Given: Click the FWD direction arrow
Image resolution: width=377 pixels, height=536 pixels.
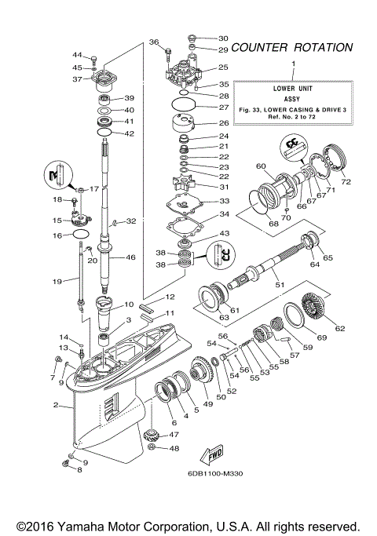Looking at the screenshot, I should (x=213, y=454).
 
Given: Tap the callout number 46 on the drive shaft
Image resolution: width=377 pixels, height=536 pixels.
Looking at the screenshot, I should (x=130, y=257).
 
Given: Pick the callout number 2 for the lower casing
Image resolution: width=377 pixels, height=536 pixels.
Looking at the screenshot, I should (x=57, y=406).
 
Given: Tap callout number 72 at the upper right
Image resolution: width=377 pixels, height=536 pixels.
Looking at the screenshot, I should (x=346, y=181).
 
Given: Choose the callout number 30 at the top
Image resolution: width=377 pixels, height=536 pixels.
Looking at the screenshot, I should (x=223, y=38).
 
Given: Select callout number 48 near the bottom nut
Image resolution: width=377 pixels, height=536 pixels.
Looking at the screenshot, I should (x=174, y=449).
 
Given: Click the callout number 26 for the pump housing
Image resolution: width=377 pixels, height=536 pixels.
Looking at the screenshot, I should (x=224, y=122).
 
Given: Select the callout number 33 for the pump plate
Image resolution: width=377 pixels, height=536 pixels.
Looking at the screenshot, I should (x=224, y=201).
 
